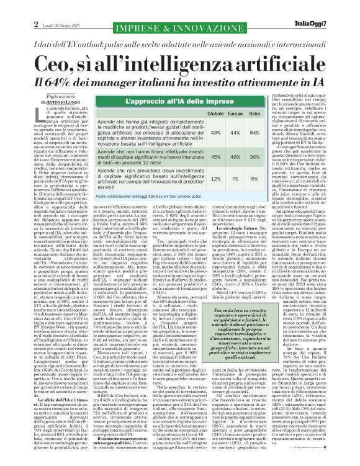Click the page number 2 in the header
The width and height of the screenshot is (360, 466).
click(x=10, y=7)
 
